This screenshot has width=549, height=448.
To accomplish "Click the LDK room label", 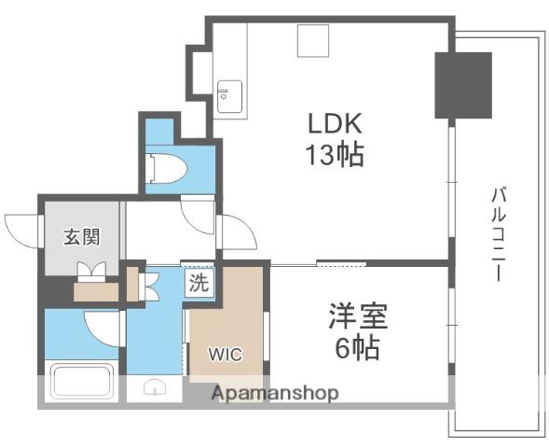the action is point(335,123).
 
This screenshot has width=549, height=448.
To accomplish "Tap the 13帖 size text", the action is point(335,155).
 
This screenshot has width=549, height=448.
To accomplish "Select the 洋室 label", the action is point(358,315).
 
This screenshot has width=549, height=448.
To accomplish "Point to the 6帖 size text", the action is point(358,348).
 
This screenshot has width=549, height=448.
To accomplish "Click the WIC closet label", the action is point(226,354).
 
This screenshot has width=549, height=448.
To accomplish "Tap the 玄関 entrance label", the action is point(82,237).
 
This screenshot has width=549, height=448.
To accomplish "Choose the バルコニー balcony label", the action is point(499,235).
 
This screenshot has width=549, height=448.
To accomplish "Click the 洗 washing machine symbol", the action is point(199,283).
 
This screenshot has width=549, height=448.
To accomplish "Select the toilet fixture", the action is point(166,168).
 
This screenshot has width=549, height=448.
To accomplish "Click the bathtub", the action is point(82,381).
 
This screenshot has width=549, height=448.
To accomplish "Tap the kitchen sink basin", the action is point(229,96).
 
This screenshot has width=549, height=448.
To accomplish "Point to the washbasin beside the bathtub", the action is point(155,387).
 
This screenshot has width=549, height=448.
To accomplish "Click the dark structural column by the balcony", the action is point(463,85).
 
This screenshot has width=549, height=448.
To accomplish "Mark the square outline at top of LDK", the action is point(313,41).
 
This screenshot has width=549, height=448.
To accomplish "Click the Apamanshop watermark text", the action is point(275,393).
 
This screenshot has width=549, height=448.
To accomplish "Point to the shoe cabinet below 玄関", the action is point(96,291).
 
